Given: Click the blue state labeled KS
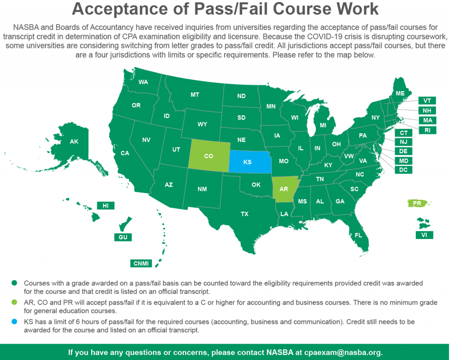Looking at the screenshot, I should point(248,162).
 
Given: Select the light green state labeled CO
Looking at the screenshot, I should point(209,156).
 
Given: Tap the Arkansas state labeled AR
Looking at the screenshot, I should point(284,189).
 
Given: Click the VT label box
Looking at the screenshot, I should point(427,101).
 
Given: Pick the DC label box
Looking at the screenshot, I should point(403,170).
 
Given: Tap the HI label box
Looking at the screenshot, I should point(106,206).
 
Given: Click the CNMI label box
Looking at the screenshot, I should point(141,264).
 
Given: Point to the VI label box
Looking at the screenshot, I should point(424,235).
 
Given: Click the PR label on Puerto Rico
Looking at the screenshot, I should point(417,204).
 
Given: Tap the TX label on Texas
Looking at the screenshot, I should point(244,214).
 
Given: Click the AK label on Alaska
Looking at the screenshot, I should point(74,141).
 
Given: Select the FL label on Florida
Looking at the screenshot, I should point(359,235).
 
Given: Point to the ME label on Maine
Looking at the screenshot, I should point(400,93).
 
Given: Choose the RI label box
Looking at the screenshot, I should point(427,130).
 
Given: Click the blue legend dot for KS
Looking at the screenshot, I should point(15,322).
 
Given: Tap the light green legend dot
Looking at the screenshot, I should point(15,302).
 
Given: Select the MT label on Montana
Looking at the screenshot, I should point(195,95).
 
